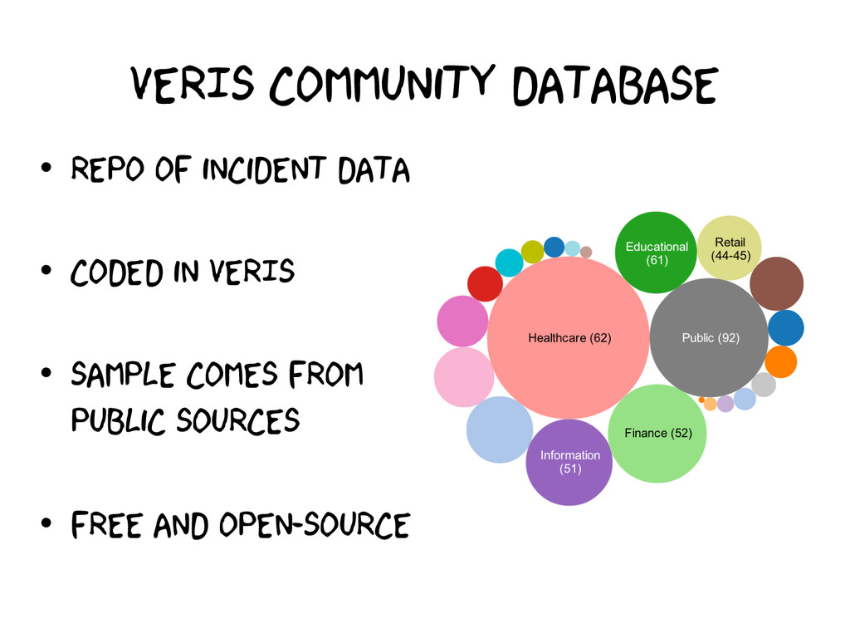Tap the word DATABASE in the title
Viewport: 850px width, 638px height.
614,86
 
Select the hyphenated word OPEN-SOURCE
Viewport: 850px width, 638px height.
315,525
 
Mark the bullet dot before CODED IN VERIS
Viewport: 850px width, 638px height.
47,272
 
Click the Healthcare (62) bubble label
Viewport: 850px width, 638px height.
569,338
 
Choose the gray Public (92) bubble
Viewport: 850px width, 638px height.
710,337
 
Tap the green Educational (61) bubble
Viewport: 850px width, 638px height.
657,253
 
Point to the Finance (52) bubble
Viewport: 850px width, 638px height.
658,433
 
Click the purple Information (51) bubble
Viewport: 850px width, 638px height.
569,462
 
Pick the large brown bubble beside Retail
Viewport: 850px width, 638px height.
777,284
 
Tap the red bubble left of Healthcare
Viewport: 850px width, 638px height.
485,283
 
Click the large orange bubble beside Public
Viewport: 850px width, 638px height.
780,361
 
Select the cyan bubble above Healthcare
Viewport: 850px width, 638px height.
509,263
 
